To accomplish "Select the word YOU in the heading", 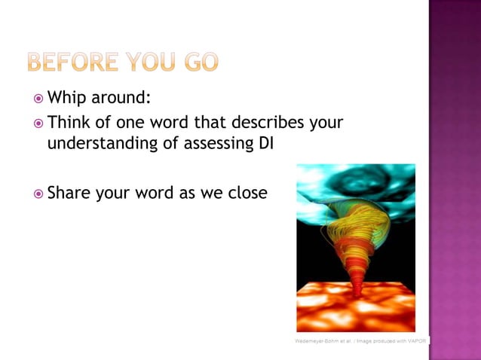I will click(x=148, y=62).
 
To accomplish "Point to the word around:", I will click(x=123, y=98).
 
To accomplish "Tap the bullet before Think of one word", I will click(x=38, y=122).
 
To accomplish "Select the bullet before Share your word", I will click(x=38, y=194).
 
